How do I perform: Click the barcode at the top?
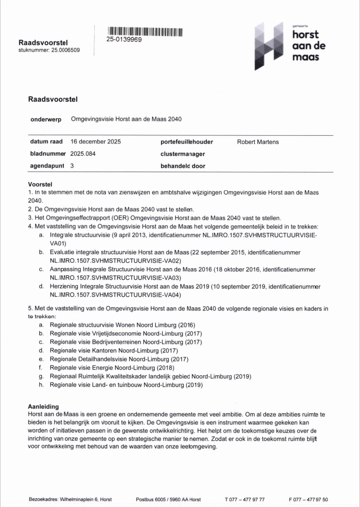point(145,32)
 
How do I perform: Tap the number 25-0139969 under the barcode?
point(124,39)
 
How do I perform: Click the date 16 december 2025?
point(95,142)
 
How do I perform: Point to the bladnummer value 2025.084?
point(83,153)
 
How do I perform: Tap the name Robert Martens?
point(258,142)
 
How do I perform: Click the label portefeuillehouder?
point(186,142)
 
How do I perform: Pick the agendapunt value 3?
point(72,166)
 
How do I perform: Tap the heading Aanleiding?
point(43,406)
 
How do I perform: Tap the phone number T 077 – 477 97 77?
point(245,499)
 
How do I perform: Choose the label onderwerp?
point(46,119)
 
